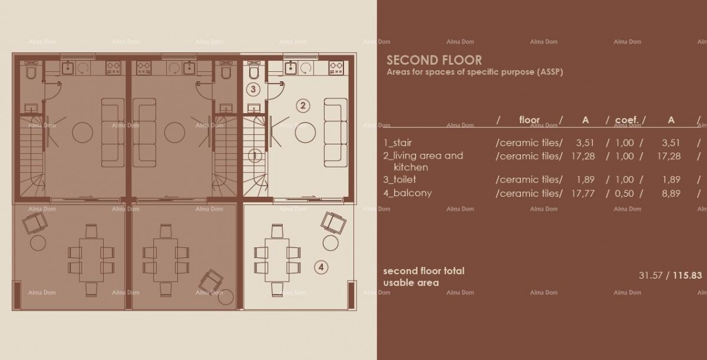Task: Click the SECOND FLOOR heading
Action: tap(434, 60)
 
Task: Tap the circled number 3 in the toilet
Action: tap(252, 90)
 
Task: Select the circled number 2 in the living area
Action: tap(302, 106)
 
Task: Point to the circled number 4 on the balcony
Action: tap(321, 267)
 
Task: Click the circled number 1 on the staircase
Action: tap(254, 156)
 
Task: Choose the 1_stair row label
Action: tap(398, 143)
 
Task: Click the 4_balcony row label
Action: tap(407, 193)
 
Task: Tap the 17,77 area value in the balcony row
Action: tap(582, 193)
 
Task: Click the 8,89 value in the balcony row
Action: tap(671, 193)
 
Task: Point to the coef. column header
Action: tap(627, 120)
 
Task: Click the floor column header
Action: tap(529, 120)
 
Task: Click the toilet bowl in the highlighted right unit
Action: tap(254, 72)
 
